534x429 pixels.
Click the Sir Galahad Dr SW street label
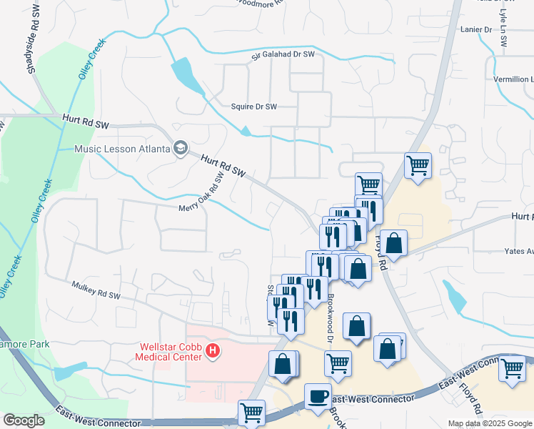[x=283, y=54]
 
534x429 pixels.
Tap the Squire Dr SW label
[x=253, y=107]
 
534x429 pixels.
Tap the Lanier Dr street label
[x=478, y=29]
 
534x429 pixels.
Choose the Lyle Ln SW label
[x=503, y=32]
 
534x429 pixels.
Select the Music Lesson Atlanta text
[x=123, y=149]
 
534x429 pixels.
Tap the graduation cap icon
[x=181, y=149]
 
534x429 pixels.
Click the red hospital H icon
[x=212, y=351]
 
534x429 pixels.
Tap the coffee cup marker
[x=318, y=395]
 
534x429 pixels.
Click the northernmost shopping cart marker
[x=418, y=166]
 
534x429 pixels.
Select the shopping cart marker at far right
[x=513, y=369]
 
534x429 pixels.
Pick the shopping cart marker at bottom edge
[x=251, y=413]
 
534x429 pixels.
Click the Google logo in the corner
[x=24, y=420]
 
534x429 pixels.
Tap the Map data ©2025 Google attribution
[x=490, y=423]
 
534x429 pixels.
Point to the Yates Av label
[x=518, y=252]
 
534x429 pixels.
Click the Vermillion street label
[x=512, y=79]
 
